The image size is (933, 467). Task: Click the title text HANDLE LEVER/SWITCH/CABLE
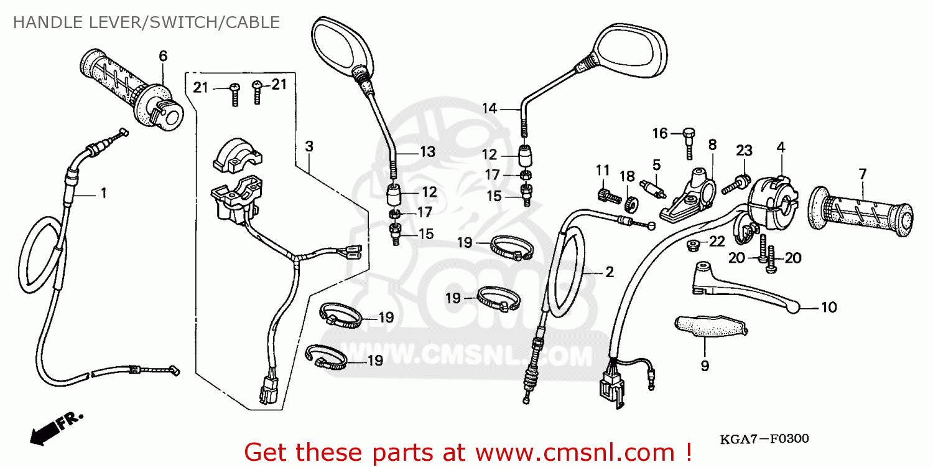click(x=146, y=23)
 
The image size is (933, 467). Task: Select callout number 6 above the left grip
click(x=163, y=56)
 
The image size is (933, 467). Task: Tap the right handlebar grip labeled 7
click(x=861, y=212)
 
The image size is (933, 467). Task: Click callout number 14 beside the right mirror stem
click(x=490, y=108)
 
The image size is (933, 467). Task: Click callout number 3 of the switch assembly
click(x=309, y=146)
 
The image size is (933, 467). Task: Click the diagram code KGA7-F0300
click(x=764, y=439)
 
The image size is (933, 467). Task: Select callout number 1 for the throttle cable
click(x=103, y=194)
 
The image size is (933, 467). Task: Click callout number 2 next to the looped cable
click(x=609, y=271)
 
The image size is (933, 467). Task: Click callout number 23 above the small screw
click(x=745, y=150)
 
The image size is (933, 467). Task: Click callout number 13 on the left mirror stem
click(x=427, y=151)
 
